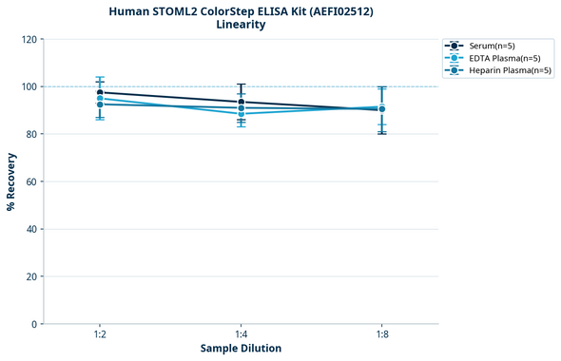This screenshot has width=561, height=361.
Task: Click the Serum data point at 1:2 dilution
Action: point(100,92)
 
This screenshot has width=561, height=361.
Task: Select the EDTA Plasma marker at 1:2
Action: point(100,98)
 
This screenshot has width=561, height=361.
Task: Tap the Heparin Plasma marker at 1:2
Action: point(100,104)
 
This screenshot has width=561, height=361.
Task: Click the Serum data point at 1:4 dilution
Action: point(242,102)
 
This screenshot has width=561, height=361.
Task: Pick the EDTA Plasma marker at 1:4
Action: point(242,114)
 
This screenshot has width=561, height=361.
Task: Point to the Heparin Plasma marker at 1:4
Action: point(242,108)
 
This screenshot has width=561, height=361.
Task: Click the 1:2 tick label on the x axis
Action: point(100,334)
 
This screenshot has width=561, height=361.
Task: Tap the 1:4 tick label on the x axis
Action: point(242,334)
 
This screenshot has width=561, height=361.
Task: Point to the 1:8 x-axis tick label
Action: point(382,334)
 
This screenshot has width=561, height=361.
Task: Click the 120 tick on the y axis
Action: point(29,39)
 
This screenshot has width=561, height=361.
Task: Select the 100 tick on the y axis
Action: point(29,86)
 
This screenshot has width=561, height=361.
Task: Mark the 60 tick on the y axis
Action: point(31,181)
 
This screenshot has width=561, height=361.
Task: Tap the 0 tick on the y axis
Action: point(34,324)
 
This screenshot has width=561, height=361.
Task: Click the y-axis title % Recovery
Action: point(11,180)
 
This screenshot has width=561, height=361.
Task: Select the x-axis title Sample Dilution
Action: point(241,349)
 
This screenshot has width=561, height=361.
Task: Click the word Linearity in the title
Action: point(241,25)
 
